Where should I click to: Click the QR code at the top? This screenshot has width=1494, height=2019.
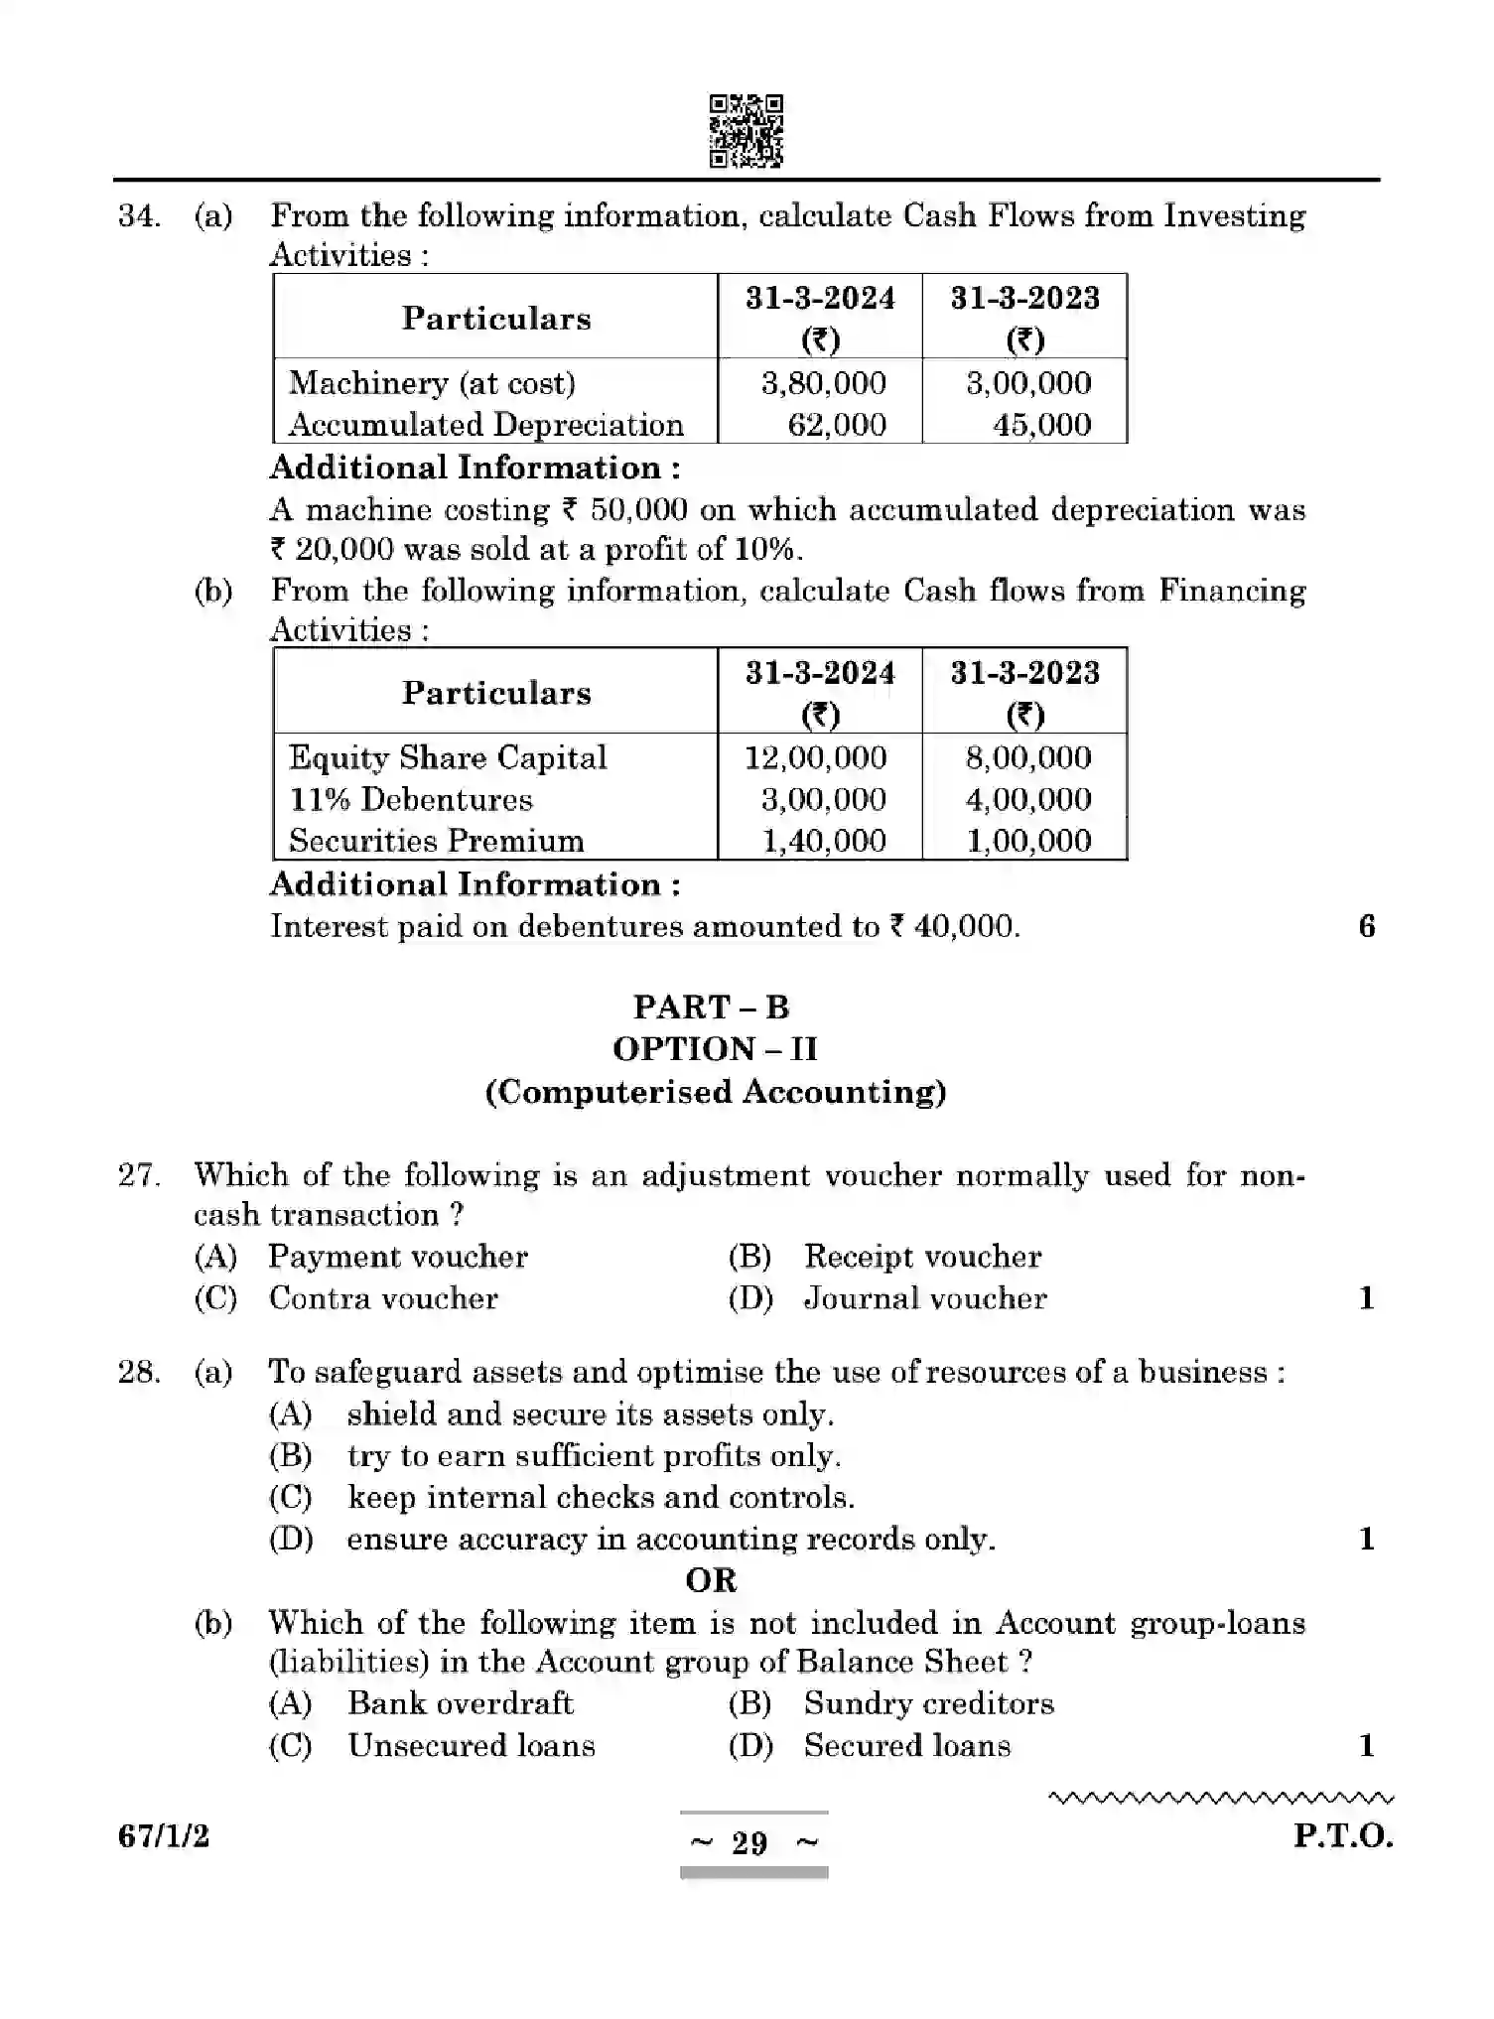click(x=746, y=131)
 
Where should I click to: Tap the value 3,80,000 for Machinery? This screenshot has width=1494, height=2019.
click(x=823, y=383)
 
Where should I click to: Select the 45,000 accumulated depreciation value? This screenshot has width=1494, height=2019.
click(x=1041, y=425)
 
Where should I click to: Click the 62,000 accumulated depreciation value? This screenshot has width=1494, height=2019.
click(x=836, y=425)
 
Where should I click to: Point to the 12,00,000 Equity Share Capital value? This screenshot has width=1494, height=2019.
click(x=815, y=757)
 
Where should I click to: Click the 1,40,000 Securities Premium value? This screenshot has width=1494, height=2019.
click(x=823, y=841)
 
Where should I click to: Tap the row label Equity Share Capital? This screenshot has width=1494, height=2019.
click(x=448, y=757)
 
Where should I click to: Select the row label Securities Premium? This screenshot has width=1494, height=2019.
click(x=437, y=841)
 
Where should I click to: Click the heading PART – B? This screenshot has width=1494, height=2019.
click(x=711, y=1007)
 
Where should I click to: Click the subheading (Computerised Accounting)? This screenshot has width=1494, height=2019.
click(x=715, y=1092)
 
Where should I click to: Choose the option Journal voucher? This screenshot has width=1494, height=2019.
click(x=924, y=1298)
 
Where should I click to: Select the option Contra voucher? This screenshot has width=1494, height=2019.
click(x=383, y=1298)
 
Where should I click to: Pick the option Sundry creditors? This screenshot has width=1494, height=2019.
click(x=928, y=1703)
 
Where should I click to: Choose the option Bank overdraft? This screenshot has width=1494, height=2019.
click(x=460, y=1703)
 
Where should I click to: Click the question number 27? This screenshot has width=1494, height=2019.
click(x=139, y=1175)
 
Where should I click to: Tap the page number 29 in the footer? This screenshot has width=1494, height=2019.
click(x=749, y=1843)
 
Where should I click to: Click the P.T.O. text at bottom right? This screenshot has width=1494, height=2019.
click(x=1342, y=1835)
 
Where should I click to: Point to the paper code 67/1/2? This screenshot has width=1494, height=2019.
click(x=164, y=1836)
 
